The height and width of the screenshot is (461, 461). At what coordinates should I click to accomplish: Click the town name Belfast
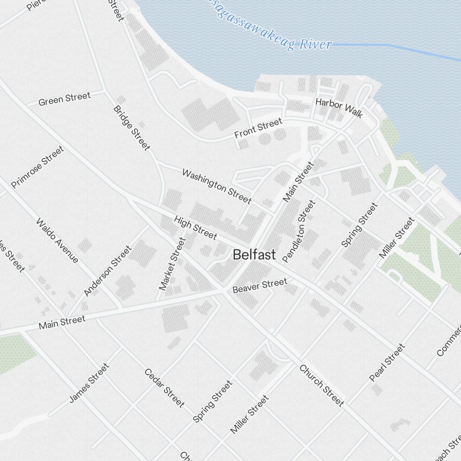click(x=254, y=254)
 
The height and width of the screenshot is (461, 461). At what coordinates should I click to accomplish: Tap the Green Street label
click(x=65, y=99)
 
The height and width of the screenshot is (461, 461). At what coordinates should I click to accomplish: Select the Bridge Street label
click(x=131, y=128)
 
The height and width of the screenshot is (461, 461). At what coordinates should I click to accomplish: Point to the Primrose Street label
click(x=37, y=167)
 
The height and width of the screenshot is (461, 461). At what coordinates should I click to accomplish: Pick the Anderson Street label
click(x=107, y=271)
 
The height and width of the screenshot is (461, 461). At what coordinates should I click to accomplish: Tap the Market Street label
click(x=171, y=264)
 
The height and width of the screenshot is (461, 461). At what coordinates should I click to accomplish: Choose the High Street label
click(x=195, y=227)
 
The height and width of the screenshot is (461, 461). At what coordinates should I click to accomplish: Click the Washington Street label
click(x=217, y=186)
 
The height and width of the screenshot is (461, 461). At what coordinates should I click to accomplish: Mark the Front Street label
click(x=258, y=128)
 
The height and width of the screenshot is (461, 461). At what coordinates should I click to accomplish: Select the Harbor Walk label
click(x=339, y=107)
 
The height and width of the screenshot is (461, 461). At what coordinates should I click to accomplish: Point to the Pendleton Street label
click(x=300, y=231)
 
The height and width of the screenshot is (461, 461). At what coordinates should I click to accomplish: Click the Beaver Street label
click(x=260, y=285)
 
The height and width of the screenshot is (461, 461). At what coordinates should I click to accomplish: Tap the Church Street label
click(x=321, y=385)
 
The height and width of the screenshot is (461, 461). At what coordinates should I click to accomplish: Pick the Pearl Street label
click(x=387, y=362)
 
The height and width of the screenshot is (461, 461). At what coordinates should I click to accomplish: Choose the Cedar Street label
click(x=165, y=388)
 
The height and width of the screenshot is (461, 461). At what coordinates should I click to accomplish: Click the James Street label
click(x=89, y=383)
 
